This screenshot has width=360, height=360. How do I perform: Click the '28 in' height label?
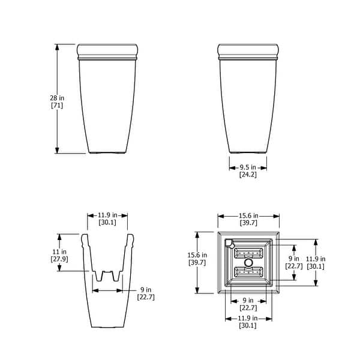(57, 98)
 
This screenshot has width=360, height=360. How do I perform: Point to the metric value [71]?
(57, 106)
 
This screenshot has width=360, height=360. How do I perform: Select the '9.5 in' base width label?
(248, 167)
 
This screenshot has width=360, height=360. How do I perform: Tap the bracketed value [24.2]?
(248, 175)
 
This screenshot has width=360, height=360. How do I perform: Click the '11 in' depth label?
(59, 251)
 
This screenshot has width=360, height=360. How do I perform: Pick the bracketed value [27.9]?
(59, 259)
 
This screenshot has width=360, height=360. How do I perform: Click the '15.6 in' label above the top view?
(248, 215)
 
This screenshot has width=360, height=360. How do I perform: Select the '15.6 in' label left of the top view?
(197, 255)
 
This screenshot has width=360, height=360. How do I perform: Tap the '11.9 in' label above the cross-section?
(107, 215)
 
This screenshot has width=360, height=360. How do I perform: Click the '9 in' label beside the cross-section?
(146, 290)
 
